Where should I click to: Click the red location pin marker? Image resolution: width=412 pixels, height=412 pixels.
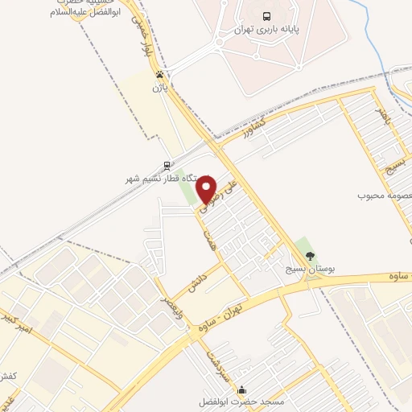tap(207, 188)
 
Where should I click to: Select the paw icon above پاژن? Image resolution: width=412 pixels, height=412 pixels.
tap(159, 74)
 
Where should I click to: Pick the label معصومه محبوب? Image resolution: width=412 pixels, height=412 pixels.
tap(385, 196)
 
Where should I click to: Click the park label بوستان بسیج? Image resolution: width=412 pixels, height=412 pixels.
tap(309, 267)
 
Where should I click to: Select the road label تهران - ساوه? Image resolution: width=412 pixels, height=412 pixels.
tap(245, 305)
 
